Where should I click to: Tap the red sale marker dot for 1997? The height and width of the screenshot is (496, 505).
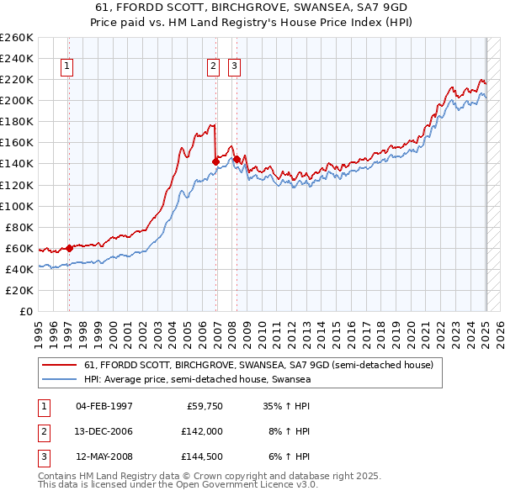coord(69,248)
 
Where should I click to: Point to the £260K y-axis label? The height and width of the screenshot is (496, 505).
coord(17,37)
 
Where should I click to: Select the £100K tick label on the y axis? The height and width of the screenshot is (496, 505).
coord(17,206)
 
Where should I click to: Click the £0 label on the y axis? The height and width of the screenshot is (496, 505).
coord(25,311)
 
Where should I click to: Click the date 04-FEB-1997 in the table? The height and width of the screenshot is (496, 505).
coord(104,406)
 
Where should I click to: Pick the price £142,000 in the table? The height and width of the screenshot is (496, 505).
coord(201,430)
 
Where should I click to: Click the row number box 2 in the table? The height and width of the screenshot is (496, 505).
coord(41,430)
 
